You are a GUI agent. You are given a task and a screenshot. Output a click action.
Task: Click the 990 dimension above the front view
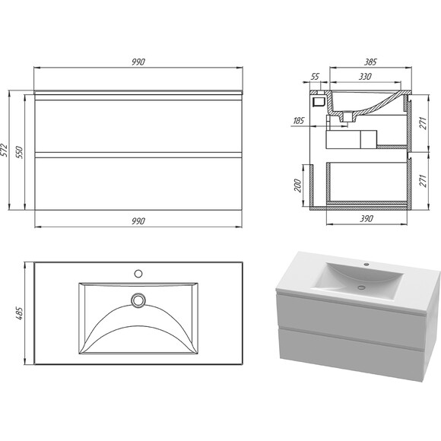[138, 62]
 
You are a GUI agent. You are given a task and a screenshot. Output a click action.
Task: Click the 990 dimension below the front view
[138, 221]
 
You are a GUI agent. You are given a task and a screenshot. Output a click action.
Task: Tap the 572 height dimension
[5, 151]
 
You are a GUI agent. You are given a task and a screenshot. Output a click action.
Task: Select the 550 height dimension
[20, 152]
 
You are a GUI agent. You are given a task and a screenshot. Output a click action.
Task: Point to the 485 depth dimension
[20, 313]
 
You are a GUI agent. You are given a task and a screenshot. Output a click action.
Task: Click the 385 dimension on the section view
[370, 62]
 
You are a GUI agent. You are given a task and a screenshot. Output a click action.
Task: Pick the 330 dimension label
[365, 77]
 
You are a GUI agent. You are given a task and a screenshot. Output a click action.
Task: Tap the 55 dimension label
[316, 76]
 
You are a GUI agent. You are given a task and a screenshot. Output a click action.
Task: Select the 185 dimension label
[298, 121]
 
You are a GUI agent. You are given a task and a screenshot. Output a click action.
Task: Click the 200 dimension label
[297, 186]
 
